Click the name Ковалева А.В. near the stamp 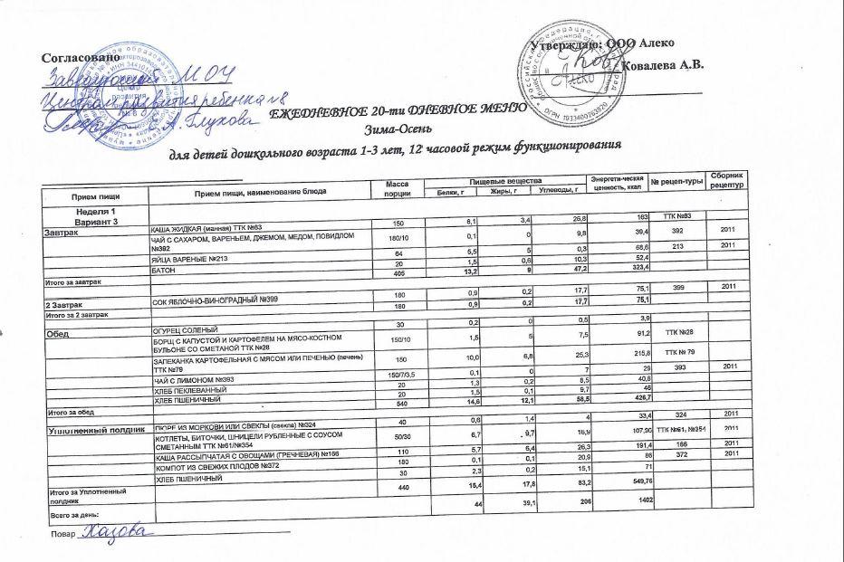coord(665,64)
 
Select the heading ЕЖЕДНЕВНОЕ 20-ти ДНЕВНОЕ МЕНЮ coord(399,110)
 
